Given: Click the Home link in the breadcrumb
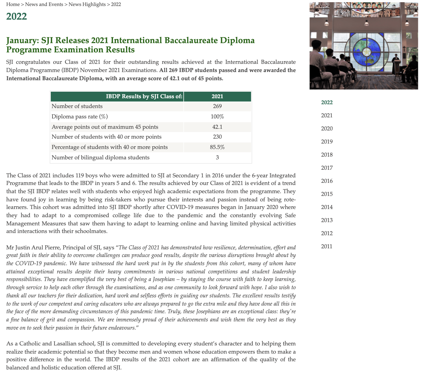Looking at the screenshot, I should point(13,4).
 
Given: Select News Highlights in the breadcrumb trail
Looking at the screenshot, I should point(87,4).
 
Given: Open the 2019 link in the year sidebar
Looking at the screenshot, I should point(327,142).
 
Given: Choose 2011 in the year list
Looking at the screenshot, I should point(327,246).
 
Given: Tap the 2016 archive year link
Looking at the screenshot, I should point(327,181).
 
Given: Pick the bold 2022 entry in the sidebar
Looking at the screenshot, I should point(327,102).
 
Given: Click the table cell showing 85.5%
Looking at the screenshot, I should point(217,147).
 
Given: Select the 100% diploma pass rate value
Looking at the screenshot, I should point(217,117).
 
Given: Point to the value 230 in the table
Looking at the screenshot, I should point(217,137).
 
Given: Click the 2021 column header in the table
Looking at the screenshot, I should point(217,96).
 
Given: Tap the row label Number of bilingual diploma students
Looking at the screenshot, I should point(100,157).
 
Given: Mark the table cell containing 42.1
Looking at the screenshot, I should point(217,127).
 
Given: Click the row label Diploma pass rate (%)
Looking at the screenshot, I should point(80,117).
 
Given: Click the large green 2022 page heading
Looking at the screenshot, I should point(16,16).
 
